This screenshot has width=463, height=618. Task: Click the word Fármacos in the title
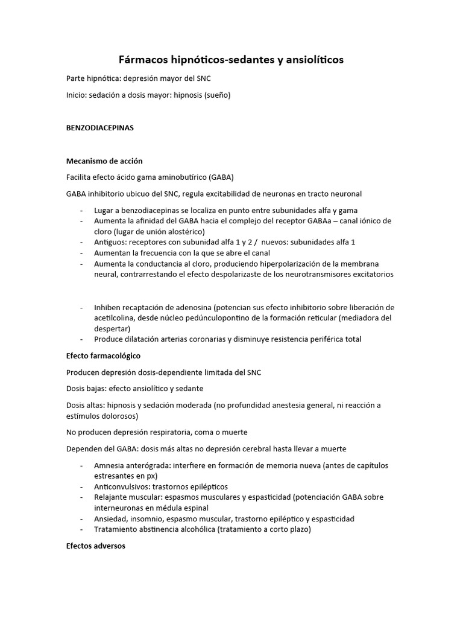click(143, 60)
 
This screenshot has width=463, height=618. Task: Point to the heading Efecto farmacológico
click(103, 355)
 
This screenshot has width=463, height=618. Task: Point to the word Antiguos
click(111, 243)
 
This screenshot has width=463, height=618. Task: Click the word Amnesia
click(110, 465)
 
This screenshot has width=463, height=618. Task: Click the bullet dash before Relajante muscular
click(81, 497)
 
